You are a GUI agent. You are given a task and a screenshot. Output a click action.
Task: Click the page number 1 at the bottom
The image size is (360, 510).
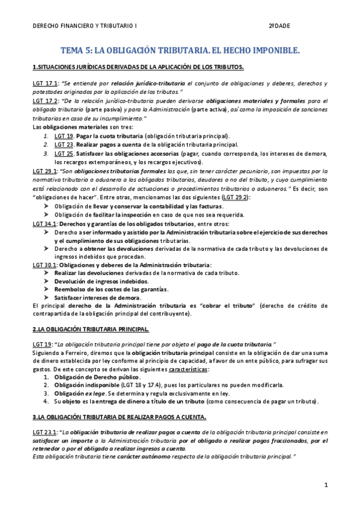pos(325,484)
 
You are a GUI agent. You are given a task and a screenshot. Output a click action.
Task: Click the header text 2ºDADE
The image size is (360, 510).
pos(279,26)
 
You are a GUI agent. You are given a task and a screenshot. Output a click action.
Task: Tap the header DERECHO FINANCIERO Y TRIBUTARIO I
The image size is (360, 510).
pos(84,26)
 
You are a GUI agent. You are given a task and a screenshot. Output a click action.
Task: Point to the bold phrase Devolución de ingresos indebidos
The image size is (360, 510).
pos(101,281)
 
